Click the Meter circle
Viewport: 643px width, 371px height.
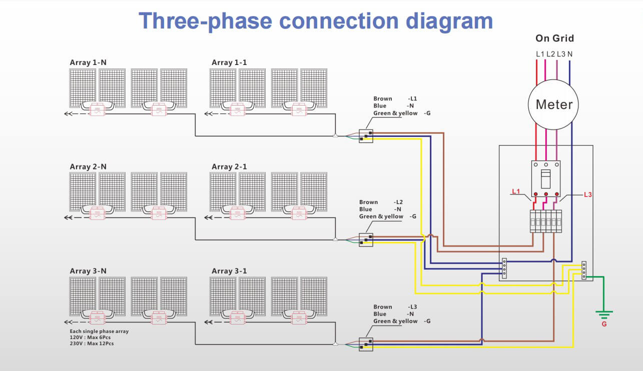(x=554, y=104)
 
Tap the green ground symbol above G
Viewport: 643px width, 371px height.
(x=604, y=314)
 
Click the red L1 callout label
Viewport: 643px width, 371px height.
(x=516, y=191)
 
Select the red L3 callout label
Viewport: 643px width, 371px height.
(x=588, y=194)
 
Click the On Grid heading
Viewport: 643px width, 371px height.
(x=554, y=38)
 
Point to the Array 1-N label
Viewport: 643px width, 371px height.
(x=88, y=62)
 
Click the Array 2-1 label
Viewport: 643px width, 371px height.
(x=229, y=166)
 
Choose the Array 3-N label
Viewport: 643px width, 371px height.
(x=88, y=271)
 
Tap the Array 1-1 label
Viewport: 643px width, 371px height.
(x=229, y=62)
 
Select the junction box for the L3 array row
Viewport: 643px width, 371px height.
(x=366, y=344)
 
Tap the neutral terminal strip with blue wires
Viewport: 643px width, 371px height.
(x=504, y=268)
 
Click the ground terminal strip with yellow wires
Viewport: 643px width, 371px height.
(x=583, y=270)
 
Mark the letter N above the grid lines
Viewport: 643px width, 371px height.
(x=570, y=53)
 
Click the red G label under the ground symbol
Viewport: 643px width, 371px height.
(x=604, y=324)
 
